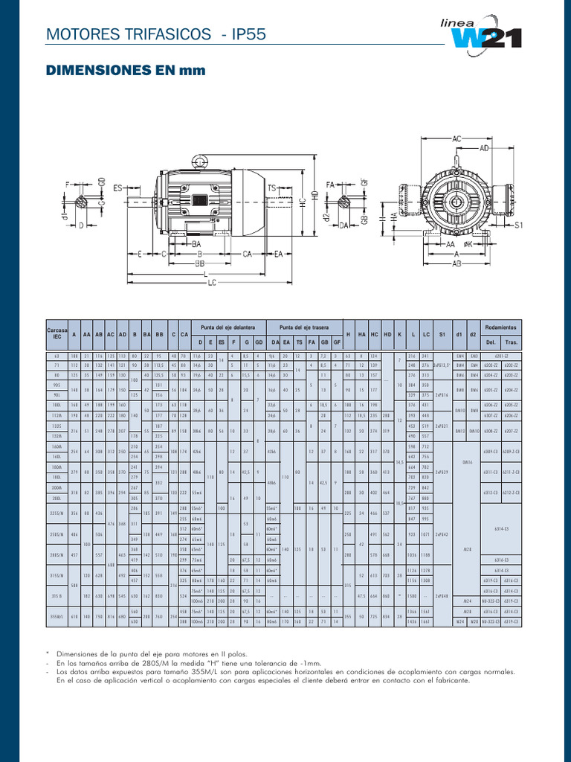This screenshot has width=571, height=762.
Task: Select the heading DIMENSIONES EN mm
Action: (124, 71)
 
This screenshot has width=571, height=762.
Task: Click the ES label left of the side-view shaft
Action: (117, 188)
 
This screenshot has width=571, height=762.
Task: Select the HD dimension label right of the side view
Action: (315, 195)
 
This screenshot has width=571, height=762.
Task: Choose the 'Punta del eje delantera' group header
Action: (228, 327)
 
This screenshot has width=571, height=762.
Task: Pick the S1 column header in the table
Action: (442, 334)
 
